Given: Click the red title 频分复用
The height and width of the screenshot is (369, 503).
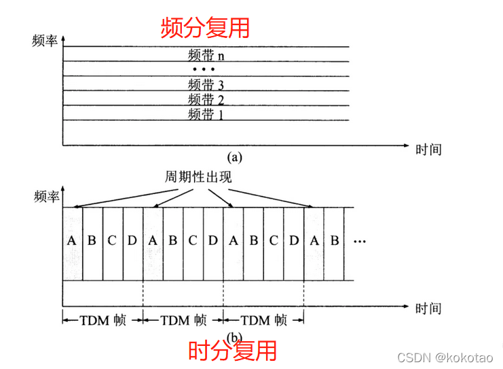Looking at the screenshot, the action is pos(205,27).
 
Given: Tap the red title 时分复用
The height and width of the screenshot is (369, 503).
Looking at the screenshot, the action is pos(232,351).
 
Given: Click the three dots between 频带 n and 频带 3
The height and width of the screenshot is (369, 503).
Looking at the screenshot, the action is pos(204,70).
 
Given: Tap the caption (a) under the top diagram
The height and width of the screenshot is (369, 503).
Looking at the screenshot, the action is pos(235,157).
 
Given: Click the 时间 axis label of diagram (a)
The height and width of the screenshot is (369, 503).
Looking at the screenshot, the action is pos(428,149).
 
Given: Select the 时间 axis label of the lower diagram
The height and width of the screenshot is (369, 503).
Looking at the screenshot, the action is pos(428,309).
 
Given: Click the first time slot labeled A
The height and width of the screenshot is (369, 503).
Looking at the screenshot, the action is pos(72,241).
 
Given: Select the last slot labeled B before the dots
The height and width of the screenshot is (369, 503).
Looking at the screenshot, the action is pos(334,241).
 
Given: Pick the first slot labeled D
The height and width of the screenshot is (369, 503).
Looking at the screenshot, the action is pos(133,241).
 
